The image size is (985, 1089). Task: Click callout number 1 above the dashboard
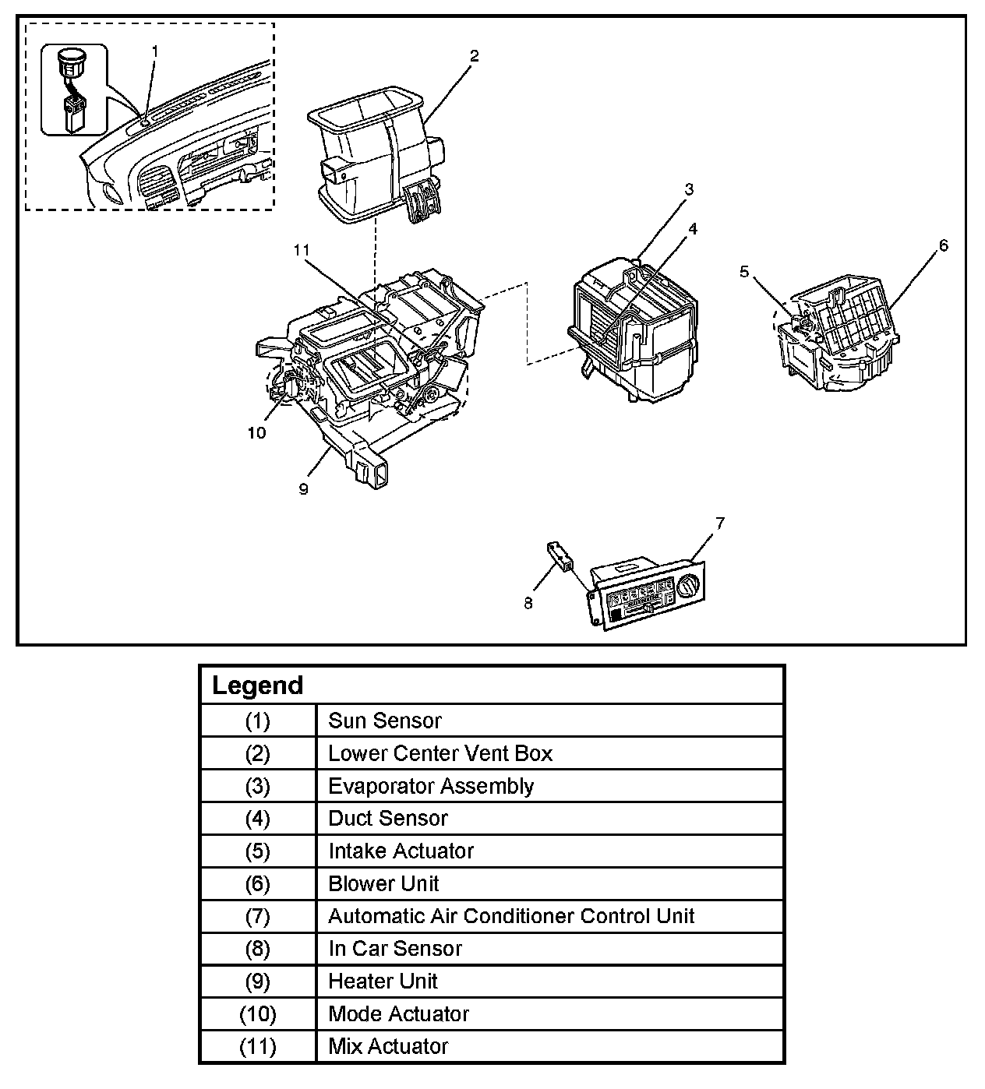pyautogui.click(x=155, y=51)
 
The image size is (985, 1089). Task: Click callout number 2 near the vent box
pyautogui.click(x=474, y=56)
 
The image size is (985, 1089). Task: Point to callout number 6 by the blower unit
pyautogui.click(x=944, y=246)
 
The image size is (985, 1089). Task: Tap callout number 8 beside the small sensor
pyautogui.click(x=528, y=603)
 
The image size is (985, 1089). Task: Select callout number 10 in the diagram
pyautogui.click(x=256, y=433)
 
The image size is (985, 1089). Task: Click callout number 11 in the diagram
pyautogui.click(x=302, y=250)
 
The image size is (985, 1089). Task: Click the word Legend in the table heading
pyautogui.click(x=257, y=685)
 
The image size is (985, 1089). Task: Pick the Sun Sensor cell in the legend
pyautogui.click(x=385, y=721)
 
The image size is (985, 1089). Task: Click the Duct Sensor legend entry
pyautogui.click(x=388, y=819)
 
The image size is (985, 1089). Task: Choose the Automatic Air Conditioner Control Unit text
pyautogui.click(x=511, y=916)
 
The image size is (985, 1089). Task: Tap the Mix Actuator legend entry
pyautogui.click(x=388, y=1046)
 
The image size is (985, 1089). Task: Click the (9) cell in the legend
pyautogui.click(x=258, y=982)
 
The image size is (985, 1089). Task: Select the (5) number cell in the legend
pyautogui.click(x=258, y=851)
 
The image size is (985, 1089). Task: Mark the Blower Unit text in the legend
pyautogui.click(x=383, y=884)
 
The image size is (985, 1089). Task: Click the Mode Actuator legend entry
pyautogui.click(x=398, y=1014)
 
